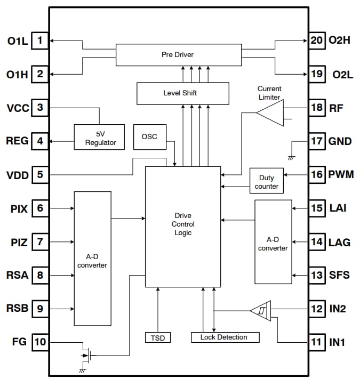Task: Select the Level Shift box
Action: [183, 93]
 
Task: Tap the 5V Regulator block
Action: [99, 138]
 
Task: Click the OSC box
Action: [149, 136]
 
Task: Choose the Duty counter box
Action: [267, 181]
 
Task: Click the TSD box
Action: [158, 337]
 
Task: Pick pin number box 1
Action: [39, 41]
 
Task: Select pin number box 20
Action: [317, 41]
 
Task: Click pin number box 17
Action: [317, 141]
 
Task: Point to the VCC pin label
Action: [18, 108]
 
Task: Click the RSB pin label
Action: [18, 309]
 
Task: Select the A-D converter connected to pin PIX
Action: [92, 259]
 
